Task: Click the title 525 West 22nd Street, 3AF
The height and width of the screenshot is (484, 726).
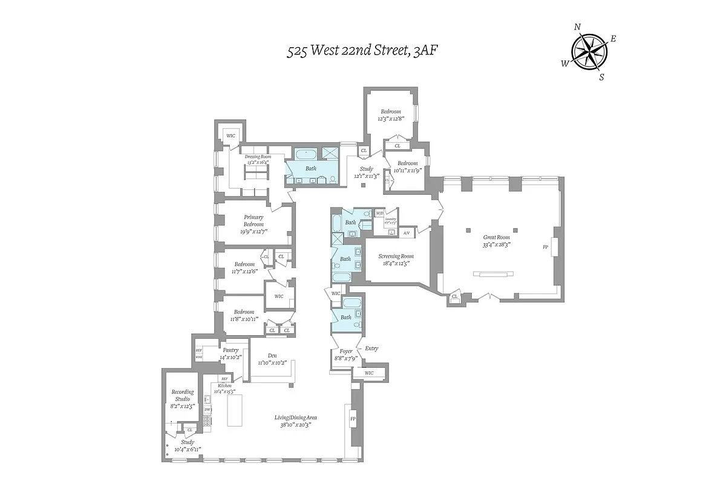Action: point(362,51)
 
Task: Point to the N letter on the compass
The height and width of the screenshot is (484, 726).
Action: point(577,27)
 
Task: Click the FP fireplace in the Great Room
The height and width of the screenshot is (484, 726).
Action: point(545,247)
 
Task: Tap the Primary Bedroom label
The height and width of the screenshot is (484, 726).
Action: point(253,220)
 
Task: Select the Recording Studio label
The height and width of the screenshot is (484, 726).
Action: point(182,396)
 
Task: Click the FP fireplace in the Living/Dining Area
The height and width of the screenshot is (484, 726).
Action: point(353,419)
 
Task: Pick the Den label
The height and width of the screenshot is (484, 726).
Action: point(271,356)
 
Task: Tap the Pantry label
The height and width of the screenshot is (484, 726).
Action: point(231,350)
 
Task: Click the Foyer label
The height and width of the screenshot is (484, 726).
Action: point(345,351)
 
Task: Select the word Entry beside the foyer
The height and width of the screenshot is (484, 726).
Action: point(371,348)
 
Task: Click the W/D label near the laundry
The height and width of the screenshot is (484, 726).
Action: point(379,214)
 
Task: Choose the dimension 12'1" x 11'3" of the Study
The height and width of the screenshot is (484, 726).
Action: point(367,176)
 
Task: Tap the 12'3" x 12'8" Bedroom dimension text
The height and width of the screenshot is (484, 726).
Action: point(390,119)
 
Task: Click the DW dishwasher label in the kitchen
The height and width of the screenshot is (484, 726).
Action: point(207,410)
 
